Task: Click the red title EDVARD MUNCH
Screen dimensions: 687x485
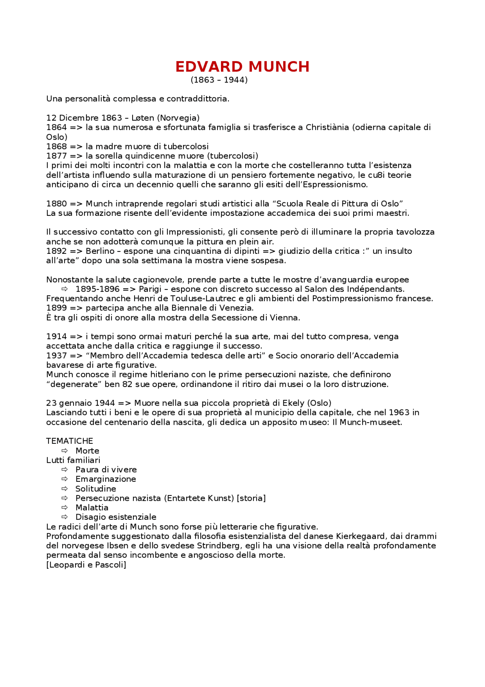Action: [x=242, y=67]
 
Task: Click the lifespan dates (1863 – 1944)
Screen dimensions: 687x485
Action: [x=219, y=80]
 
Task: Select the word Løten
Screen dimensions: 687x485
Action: [x=142, y=118]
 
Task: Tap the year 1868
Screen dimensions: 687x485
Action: [x=56, y=146]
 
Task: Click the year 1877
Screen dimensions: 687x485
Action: [x=56, y=156]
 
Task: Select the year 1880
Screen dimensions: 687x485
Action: [x=56, y=204]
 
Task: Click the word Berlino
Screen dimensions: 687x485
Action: [x=100, y=251]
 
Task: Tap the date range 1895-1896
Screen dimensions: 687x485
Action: [x=97, y=289]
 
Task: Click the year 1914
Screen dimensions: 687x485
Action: [x=56, y=336]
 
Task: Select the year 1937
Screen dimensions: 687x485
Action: [x=56, y=355]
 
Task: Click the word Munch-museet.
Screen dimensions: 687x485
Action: [x=370, y=422]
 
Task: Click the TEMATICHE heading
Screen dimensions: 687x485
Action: [x=69, y=441]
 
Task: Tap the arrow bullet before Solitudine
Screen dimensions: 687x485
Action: [x=65, y=489]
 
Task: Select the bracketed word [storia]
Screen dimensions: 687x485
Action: [x=251, y=498]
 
